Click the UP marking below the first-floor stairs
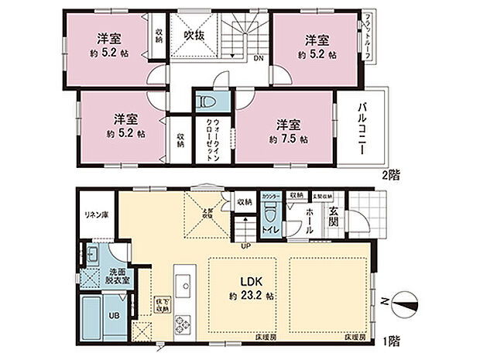pos(246,246)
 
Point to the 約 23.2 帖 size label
pos(248,296)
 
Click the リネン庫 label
pos(95,214)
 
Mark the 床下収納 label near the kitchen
pos(163,303)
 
